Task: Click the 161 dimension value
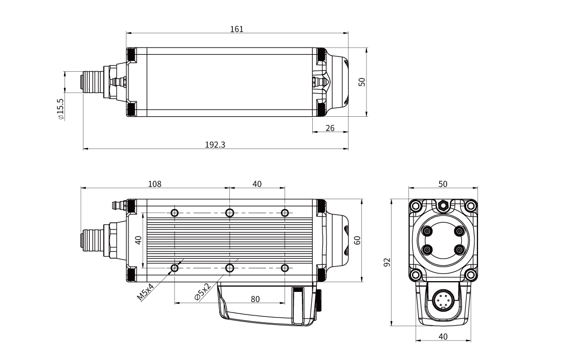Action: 236,29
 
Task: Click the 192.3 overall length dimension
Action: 215,145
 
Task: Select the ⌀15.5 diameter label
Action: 61,109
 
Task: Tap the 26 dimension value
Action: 330,128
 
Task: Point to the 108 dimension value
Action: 155,183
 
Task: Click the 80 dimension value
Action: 255,299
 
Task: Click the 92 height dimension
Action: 387,262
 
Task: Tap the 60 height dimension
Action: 358,240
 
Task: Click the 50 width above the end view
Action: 443,183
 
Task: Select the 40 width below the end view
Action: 443,336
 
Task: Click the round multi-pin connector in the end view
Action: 443,302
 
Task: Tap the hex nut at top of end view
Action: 443,206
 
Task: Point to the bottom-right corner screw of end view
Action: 470,275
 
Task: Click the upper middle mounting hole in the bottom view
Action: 230,213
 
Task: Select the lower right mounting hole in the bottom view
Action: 285,268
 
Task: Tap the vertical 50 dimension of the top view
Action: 362,82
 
